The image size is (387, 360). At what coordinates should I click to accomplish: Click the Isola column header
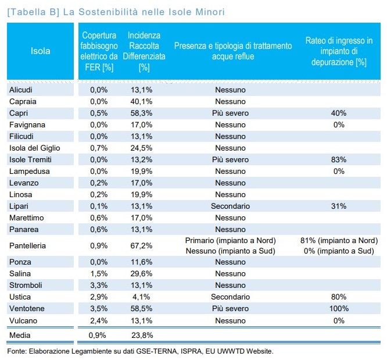[x=41, y=51]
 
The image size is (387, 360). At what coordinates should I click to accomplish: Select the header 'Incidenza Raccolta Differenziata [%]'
[x=144, y=51]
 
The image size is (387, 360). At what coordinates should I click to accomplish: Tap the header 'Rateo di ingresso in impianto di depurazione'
[x=339, y=51]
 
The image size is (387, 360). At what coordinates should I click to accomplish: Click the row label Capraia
[x=23, y=102]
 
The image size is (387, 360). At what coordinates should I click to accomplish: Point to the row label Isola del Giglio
[x=34, y=148]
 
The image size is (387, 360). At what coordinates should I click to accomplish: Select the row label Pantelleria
[x=27, y=245]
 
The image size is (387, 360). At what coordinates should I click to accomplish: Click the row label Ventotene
[x=27, y=308]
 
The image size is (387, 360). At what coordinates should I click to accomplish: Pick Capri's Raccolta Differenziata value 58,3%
[x=141, y=113]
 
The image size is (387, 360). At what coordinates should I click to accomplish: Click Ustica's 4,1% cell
[x=141, y=297]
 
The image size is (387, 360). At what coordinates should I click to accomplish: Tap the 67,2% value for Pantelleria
[x=141, y=245]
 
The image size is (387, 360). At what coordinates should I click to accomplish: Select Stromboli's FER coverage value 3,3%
[x=99, y=285]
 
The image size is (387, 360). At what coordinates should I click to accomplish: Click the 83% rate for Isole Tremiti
[x=339, y=159]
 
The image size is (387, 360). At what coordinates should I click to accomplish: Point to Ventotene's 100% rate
[x=339, y=308]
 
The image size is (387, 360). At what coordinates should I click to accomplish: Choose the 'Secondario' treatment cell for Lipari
[x=230, y=206]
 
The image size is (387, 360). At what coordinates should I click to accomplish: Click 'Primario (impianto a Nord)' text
[x=230, y=240]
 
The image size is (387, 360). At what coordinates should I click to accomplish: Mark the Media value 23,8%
[x=142, y=336]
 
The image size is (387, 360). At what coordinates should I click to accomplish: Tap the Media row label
[x=20, y=336]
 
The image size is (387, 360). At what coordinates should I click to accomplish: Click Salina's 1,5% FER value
[x=99, y=273]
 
